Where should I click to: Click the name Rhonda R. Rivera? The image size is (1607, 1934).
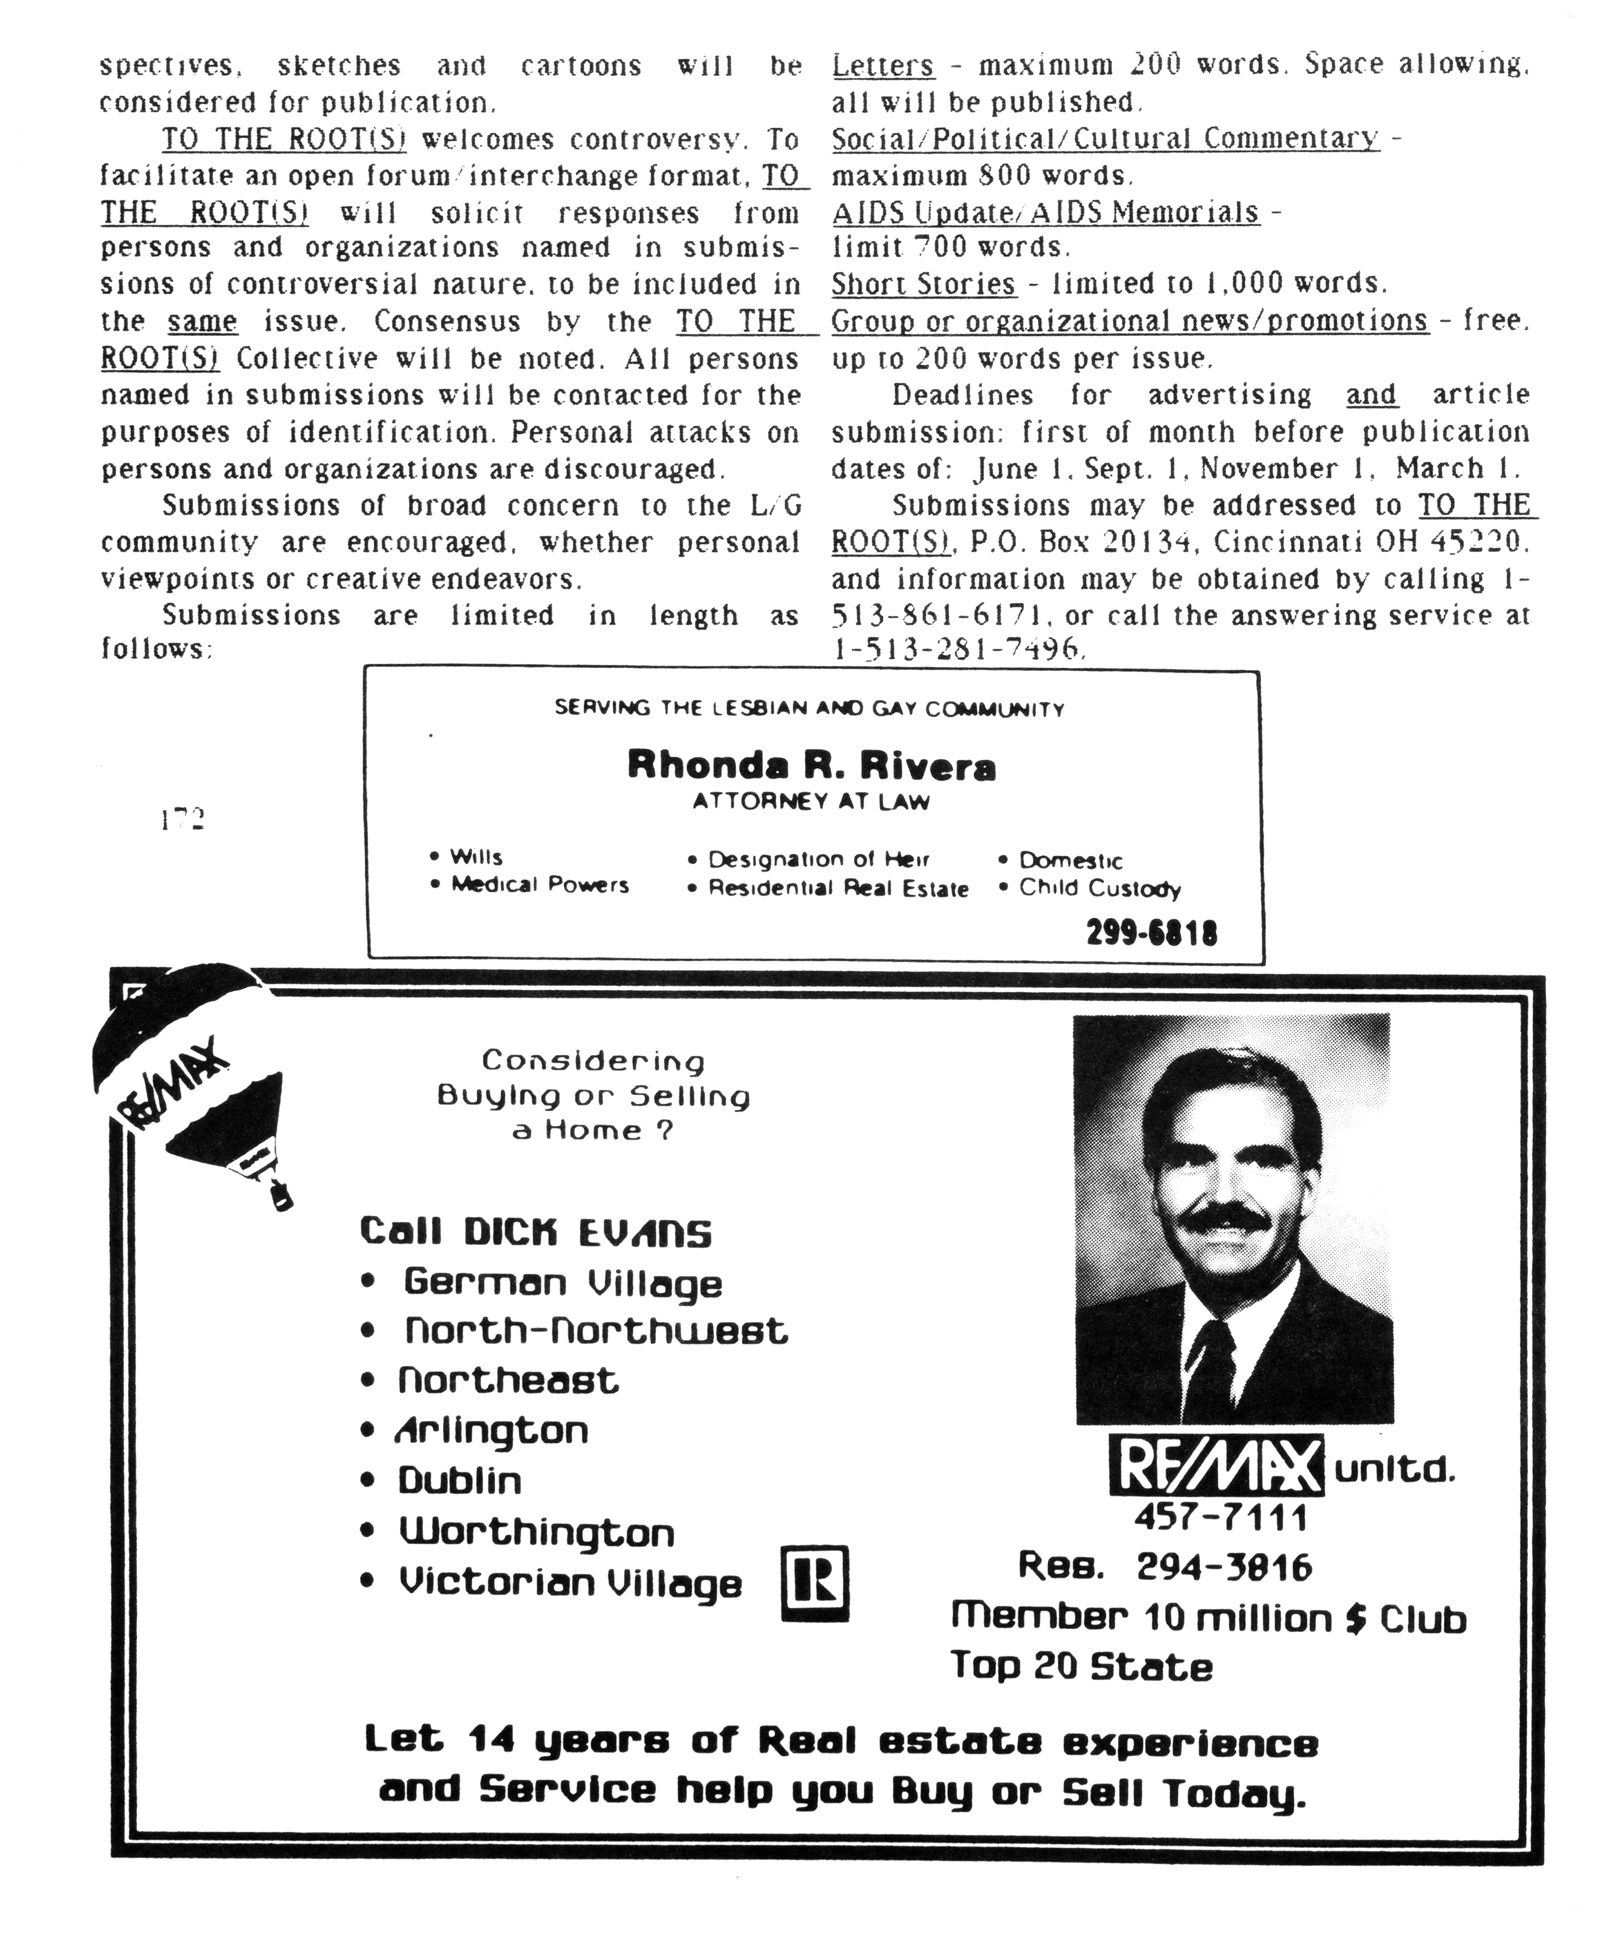pos(810,766)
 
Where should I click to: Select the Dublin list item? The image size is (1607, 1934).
pos(459,1481)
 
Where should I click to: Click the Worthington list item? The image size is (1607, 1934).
pos(536,1532)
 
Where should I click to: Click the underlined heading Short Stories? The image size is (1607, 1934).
pos(924,285)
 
